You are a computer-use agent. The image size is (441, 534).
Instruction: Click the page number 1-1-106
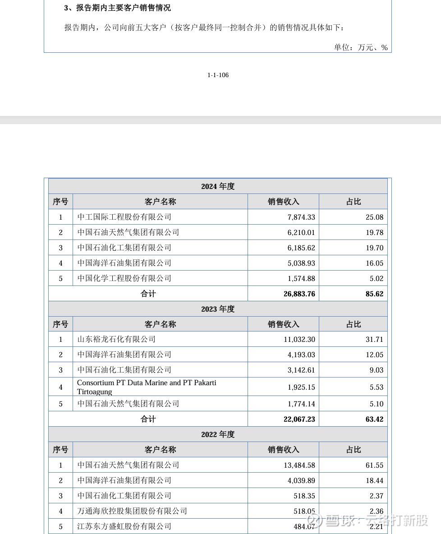(x=218, y=75)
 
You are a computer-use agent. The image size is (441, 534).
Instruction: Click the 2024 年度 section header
(x=218, y=186)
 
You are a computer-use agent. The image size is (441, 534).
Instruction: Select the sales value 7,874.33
(x=301, y=217)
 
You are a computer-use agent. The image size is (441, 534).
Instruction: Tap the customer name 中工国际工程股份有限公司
(x=124, y=217)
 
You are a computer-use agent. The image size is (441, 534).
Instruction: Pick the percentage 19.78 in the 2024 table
(x=374, y=232)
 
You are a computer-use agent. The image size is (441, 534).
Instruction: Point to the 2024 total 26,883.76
(x=299, y=294)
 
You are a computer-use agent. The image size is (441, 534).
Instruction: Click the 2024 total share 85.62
(x=374, y=294)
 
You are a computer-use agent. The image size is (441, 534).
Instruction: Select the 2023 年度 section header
(x=218, y=309)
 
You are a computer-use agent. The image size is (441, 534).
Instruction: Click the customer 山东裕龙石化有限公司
(x=116, y=339)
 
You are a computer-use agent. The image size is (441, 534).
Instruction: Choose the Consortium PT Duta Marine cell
(x=147, y=387)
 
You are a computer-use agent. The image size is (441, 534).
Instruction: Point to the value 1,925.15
(x=301, y=387)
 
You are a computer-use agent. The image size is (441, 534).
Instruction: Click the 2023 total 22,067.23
(x=299, y=419)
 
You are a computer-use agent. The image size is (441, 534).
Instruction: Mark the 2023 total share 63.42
(x=374, y=419)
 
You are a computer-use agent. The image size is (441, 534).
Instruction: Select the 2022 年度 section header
(x=218, y=434)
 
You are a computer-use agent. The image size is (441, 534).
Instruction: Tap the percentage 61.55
(x=374, y=465)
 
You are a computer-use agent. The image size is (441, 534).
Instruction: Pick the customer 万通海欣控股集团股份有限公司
(x=132, y=511)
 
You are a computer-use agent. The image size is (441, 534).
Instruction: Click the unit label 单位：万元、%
(x=361, y=47)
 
